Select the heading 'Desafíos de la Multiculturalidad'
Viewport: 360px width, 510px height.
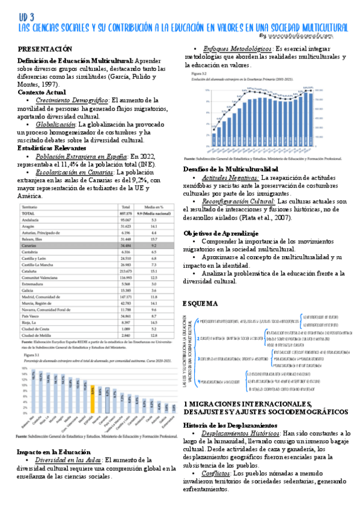(x=231, y=169)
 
